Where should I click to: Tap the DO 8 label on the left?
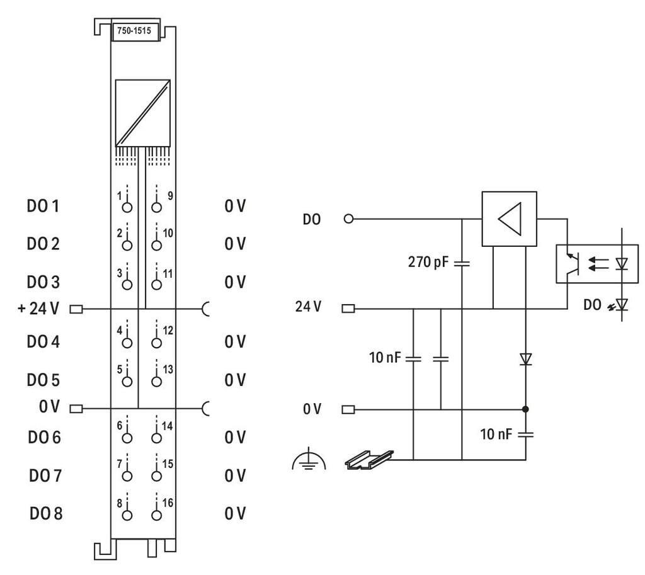point(45,513)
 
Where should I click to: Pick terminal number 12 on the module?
point(168,330)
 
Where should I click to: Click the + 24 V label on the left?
point(38,309)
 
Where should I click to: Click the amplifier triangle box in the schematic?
point(509,219)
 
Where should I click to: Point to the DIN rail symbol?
point(369,460)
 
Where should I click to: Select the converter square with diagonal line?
point(143,112)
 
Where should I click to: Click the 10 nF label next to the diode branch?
point(496,435)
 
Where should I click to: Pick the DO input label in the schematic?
point(312,219)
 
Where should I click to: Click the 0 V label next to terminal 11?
point(234,281)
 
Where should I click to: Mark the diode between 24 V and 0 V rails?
point(525,360)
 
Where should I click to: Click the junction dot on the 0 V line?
point(525,409)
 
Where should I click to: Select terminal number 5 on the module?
point(119,368)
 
